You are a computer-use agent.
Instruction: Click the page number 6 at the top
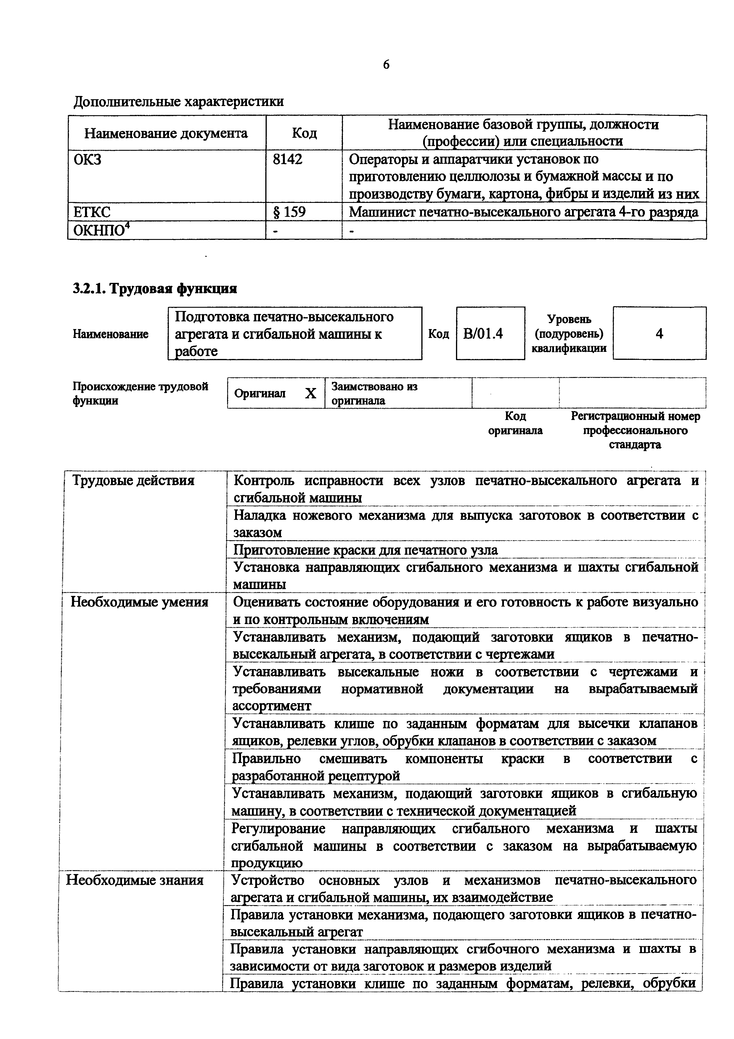[x=386, y=65]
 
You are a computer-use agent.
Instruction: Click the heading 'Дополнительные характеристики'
[x=178, y=101]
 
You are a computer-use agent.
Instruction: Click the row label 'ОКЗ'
[x=87, y=159]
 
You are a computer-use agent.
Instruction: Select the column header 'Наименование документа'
[x=166, y=133]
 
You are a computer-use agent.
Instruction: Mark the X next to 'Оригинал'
[x=310, y=393]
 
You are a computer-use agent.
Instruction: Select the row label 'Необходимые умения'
[x=139, y=602]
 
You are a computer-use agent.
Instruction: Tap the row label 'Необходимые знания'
[x=135, y=880]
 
